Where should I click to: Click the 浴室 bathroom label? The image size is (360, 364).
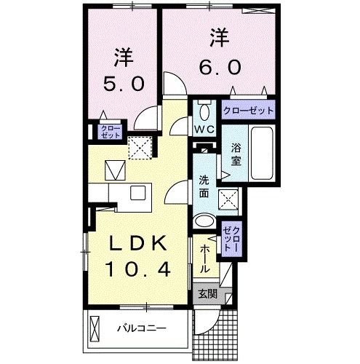(x=236, y=154)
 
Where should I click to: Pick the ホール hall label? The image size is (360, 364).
(x=205, y=257)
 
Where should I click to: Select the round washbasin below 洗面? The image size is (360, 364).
(x=206, y=223)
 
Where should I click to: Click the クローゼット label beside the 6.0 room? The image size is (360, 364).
(x=249, y=111)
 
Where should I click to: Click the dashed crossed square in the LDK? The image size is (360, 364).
(x=138, y=148)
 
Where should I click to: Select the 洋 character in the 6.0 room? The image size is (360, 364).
(x=218, y=34)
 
